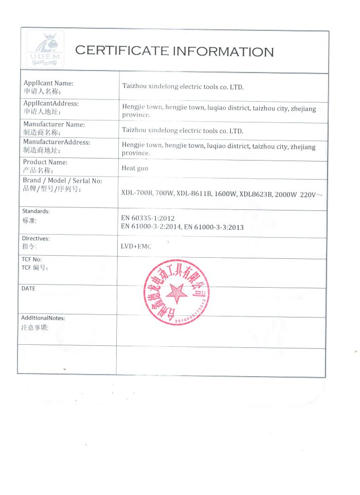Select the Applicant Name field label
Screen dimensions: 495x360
tap(48, 83)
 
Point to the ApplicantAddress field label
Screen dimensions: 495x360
tap(51, 103)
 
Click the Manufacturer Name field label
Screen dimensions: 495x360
tap(54, 124)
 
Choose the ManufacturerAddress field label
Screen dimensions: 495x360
tap(57, 142)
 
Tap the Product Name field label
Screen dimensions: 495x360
tap(45, 162)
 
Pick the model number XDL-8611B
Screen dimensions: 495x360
tap(194, 194)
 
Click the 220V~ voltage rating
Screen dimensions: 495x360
tap(311, 193)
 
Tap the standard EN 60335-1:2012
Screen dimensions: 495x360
tap(148, 218)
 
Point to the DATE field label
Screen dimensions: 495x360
tap(28, 289)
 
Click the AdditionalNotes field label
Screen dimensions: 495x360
tap(43, 318)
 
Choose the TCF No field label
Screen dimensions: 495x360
tap(31, 259)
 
